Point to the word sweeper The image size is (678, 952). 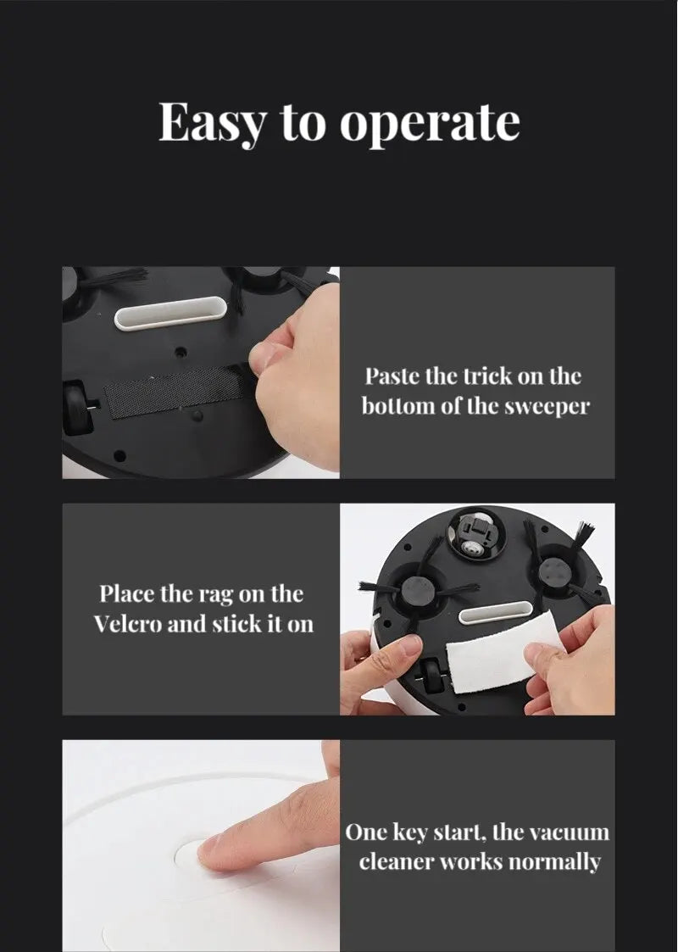click(547, 405)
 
